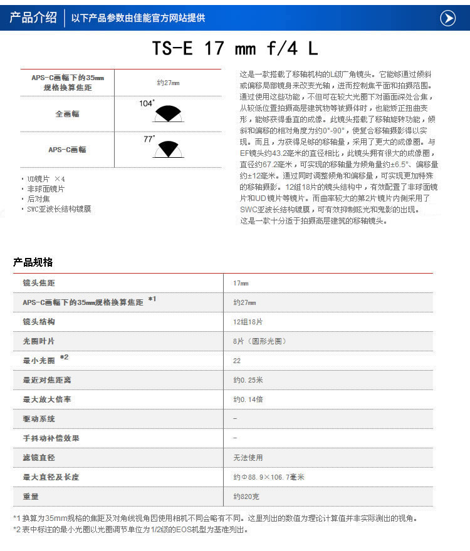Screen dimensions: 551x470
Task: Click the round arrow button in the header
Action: click(x=447, y=18)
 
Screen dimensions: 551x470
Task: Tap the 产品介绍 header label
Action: click(x=33, y=18)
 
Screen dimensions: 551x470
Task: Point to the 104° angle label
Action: click(x=147, y=103)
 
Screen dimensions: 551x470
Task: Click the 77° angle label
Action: click(x=149, y=139)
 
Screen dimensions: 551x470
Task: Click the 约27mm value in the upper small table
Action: click(x=168, y=83)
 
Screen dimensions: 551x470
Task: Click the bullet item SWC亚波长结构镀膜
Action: click(x=58, y=209)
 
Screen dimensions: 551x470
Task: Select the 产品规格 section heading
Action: click(x=33, y=262)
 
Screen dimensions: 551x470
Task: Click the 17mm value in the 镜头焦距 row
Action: click(x=241, y=283)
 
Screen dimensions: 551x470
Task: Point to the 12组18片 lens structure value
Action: click(x=248, y=322)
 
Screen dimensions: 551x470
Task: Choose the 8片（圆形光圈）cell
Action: click(x=259, y=341)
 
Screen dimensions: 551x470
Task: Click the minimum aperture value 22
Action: click(x=237, y=361)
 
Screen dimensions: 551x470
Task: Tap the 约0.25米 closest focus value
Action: click(x=248, y=380)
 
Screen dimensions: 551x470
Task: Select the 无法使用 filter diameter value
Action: click(x=248, y=458)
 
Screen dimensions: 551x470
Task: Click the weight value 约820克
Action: click(x=246, y=497)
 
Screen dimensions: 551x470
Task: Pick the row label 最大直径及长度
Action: click(x=51, y=477)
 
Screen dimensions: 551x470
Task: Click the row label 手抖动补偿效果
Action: click(x=51, y=438)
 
